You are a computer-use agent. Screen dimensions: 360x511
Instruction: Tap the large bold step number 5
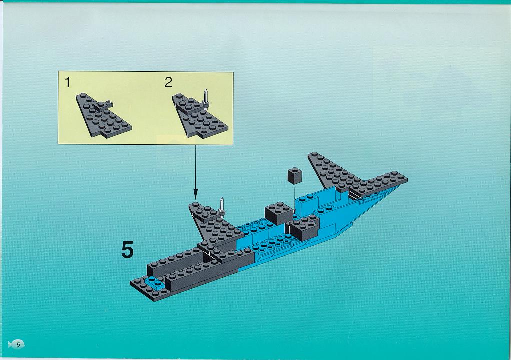128,250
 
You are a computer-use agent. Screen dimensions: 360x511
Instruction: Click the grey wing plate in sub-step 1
105,118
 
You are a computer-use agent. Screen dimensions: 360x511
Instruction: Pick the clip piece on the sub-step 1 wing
104,105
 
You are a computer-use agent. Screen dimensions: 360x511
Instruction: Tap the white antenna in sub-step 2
205,96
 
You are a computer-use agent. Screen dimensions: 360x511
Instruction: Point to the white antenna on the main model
221,205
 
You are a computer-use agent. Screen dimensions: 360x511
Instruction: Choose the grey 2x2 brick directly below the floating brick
278,212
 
